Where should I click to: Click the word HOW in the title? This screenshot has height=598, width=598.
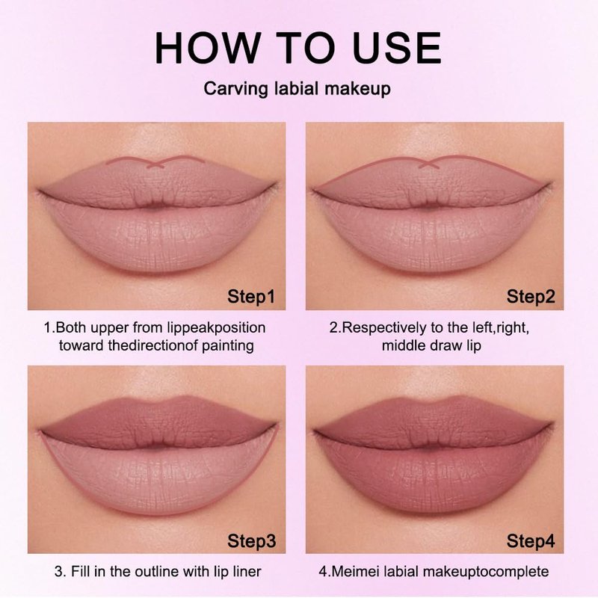[x=206, y=48]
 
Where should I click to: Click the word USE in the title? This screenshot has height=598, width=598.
[x=397, y=48]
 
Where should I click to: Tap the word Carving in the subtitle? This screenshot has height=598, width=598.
[x=236, y=89]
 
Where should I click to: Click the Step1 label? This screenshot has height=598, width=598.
[x=251, y=296]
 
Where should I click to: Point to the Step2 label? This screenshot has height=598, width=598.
[x=531, y=296]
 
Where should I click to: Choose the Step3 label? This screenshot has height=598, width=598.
[x=251, y=540]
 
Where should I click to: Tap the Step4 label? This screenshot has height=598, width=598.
[x=531, y=540]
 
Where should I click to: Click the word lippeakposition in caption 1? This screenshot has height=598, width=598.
[x=216, y=328]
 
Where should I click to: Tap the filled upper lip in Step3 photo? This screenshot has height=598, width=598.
[x=158, y=422]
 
